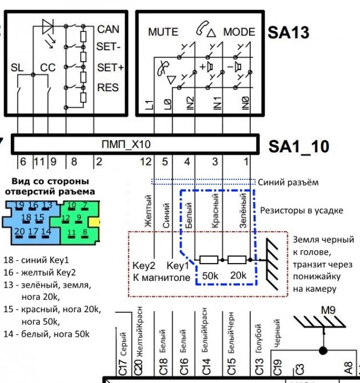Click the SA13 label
(x=289, y=32)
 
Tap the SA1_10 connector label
(x=299, y=147)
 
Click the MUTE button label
(x=163, y=32)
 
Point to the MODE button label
(x=239, y=31)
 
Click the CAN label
(x=108, y=29)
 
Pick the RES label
(x=107, y=88)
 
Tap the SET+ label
(x=110, y=67)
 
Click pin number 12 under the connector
(x=146, y=162)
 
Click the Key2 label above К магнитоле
(x=144, y=265)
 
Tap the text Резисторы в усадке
(x=301, y=210)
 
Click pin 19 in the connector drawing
(x=19, y=205)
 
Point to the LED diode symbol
(x=48, y=27)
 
